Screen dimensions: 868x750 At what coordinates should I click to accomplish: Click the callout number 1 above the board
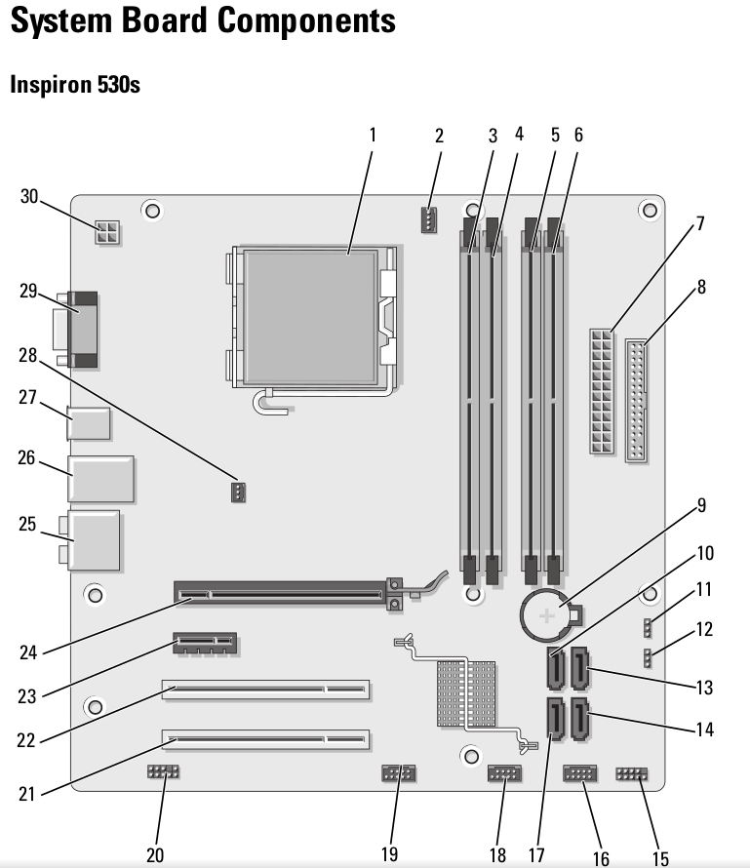tap(372, 135)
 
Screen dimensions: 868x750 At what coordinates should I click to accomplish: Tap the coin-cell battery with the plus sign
tap(548, 614)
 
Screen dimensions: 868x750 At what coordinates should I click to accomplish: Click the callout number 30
tap(29, 196)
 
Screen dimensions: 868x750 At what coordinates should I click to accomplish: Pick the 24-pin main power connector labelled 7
tap(602, 391)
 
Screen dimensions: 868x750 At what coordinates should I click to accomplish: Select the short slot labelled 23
tap(206, 643)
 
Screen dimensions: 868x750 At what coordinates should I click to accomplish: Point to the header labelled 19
tap(398, 776)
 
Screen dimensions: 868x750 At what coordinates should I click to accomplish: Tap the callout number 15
tap(660, 858)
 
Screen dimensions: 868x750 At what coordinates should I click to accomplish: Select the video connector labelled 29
tap(84, 329)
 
